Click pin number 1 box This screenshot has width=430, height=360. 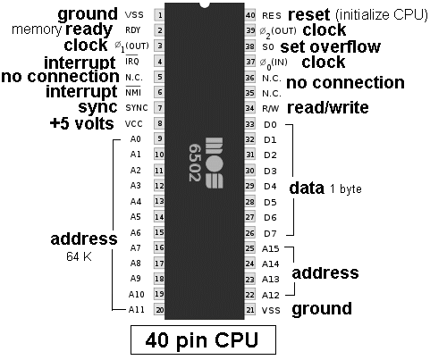click(159, 14)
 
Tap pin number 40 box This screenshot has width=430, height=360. click(250, 14)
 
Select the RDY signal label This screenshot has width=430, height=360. click(132, 30)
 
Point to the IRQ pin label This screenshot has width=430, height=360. click(132, 61)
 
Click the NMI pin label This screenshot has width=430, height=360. click(133, 92)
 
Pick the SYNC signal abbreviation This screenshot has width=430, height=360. click(137, 108)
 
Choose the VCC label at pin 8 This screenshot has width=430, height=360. click(134, 123)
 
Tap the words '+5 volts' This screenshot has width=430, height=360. click(82, 123)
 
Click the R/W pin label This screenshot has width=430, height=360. click(270, 109)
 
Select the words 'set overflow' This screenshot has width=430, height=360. click(331, 46)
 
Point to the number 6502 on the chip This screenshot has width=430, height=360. click(194, 163)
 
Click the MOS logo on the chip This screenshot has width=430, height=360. click(214, 163)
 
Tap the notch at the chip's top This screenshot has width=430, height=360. click(205, 5)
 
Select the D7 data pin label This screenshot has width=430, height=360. click(270, 233)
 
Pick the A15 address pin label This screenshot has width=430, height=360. click(271, 248)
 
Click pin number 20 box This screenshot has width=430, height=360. click(159, 309)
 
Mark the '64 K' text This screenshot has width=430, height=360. click(79, 256)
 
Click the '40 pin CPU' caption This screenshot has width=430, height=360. click(202, 339)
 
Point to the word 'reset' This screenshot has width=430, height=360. click(309, 14)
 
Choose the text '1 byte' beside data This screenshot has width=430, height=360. click(346, 189)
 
